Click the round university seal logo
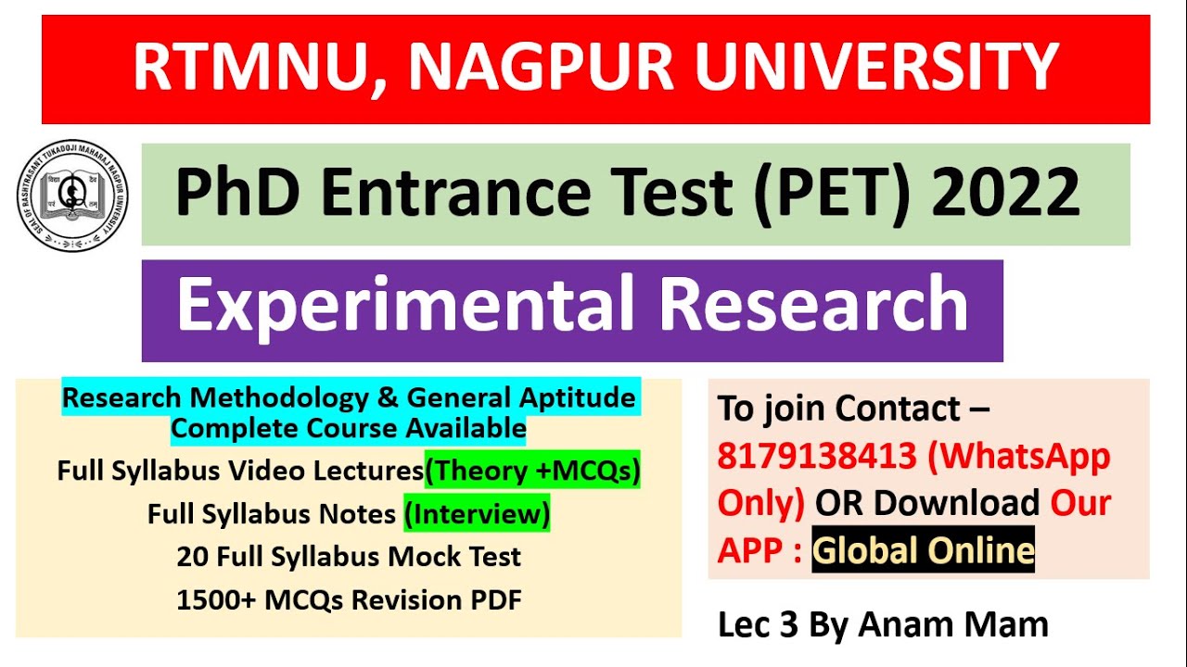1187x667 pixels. [x=72, y=195]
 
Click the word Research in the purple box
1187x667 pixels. [x=814, y=306]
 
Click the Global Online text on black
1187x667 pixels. [x=923, y=551]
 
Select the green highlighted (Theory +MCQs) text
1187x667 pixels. [x=532, y=471]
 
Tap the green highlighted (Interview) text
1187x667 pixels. [x=477, y=513]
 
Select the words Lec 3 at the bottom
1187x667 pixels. [x=758, y=624]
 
